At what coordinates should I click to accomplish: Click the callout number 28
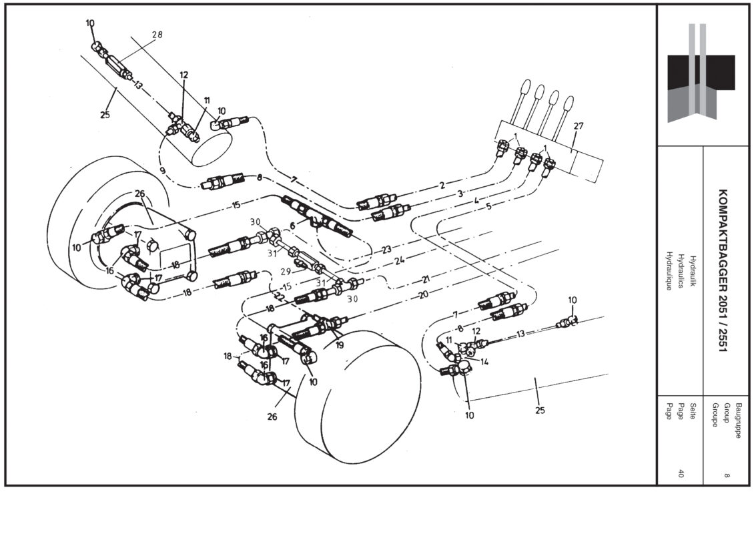click(x=157, y=35)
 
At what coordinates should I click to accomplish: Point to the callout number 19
click(x=340, y=345)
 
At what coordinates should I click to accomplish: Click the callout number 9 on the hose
click(x=163, y=171)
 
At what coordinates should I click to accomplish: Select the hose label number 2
click(x=441, y=185)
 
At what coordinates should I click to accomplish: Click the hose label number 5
click(x=488, y=207)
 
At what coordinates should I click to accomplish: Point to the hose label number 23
click(x=386, y=250)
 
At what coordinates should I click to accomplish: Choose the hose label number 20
click(x=422, y=293)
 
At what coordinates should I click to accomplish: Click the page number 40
click(x=681, y=474)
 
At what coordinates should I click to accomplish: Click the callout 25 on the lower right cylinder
click(x=539, y=410)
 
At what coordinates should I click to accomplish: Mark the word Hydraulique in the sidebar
click(x=669, y=271)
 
